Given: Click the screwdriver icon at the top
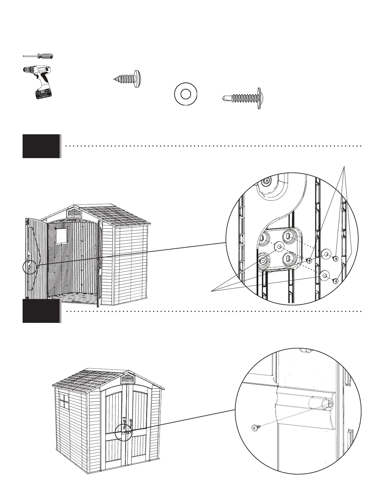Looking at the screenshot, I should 38,56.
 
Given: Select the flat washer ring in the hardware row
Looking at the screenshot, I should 185,94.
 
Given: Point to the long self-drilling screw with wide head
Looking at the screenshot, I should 242,98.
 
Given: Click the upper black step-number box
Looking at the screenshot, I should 41,146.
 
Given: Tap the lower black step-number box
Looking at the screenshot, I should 41,311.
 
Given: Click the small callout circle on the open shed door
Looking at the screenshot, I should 30,267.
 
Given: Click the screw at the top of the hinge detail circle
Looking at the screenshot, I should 267,181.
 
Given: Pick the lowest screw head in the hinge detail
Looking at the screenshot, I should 336,281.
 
